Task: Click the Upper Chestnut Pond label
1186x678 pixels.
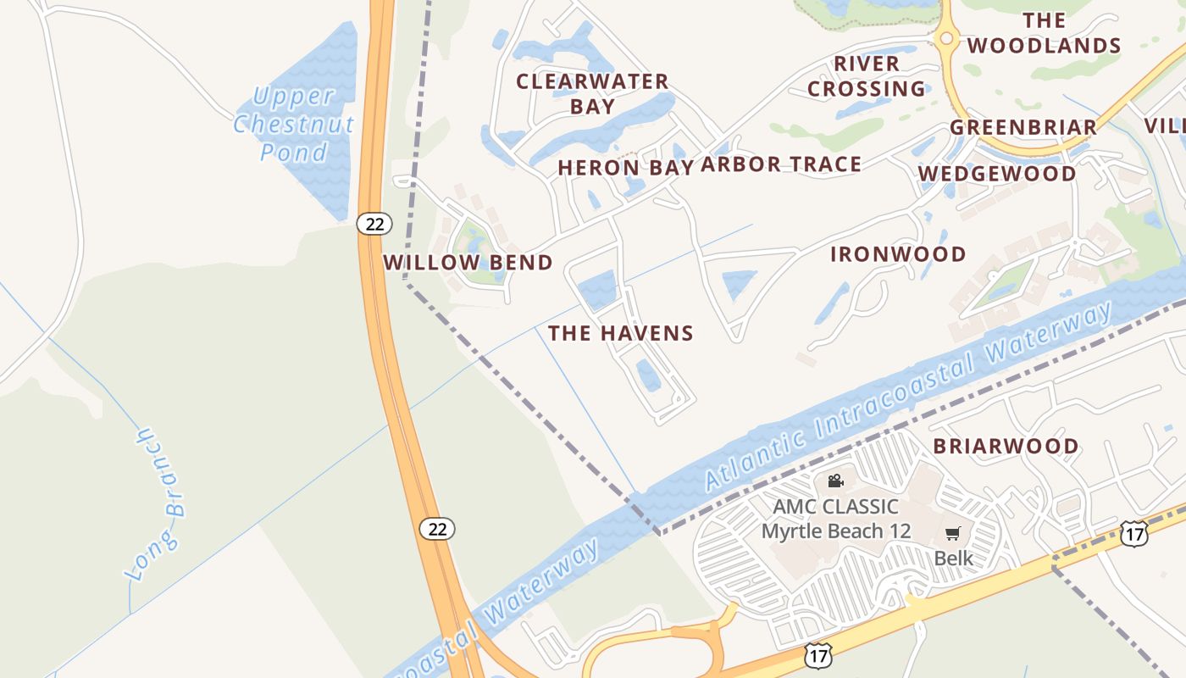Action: tap(293, 124)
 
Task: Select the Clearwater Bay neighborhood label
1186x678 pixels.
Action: tap(592, 93)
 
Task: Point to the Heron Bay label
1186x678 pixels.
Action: tap(625, 167)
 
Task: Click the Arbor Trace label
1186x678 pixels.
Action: tap(780, 164)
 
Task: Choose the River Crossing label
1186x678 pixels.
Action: tap(866, 76)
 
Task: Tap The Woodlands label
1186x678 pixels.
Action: tap(1044, 33)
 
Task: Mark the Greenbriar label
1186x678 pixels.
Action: tap(1023, 127)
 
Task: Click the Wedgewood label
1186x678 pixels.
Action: tap(997, 174)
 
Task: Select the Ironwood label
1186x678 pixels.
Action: tap(898, 254)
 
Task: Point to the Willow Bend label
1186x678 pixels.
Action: tap(468, 263)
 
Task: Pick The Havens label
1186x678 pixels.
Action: tap(620, 333)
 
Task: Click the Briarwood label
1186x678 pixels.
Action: tap(1006, 446)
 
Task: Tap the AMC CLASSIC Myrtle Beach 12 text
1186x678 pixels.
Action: tap(835, 519)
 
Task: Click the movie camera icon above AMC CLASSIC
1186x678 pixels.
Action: tap(835, 481)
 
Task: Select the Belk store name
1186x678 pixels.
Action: tap(953, 559)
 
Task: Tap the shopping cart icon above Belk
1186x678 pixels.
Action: tap(953, 534)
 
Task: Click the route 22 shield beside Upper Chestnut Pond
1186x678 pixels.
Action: tap(374, 224)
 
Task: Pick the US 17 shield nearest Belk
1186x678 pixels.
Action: tap(1133, 533)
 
